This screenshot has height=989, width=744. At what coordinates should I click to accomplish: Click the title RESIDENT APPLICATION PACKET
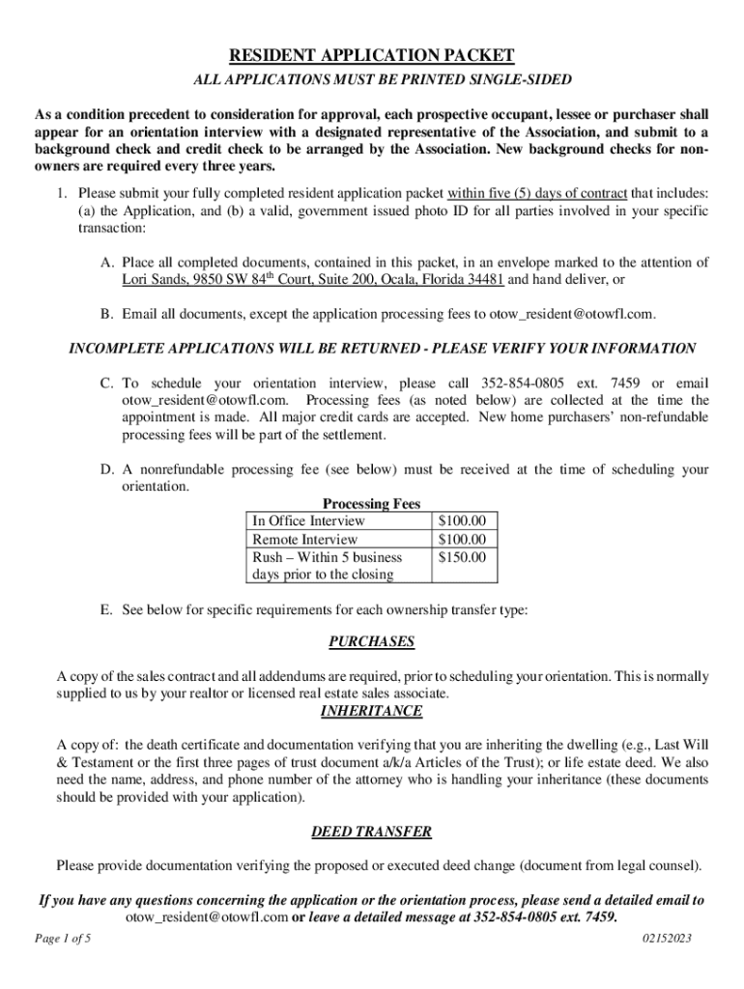pos(371,56)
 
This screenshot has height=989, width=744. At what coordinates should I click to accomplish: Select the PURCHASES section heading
pos(371,641)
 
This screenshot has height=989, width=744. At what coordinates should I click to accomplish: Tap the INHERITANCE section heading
pos(371,711)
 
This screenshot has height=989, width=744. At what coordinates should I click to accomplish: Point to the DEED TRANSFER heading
pos(371,831)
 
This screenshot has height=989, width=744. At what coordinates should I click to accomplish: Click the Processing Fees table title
pos(371,504)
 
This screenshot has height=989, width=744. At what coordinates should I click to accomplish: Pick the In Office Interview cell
pos(308,522)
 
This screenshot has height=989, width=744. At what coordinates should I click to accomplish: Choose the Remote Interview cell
pos(304,539)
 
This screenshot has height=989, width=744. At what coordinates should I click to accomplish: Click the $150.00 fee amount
pos(462,557)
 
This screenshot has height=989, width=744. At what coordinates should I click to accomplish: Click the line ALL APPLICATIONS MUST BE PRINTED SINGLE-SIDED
pos(371,79)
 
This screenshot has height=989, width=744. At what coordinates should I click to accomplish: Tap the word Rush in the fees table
pos(268,557)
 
